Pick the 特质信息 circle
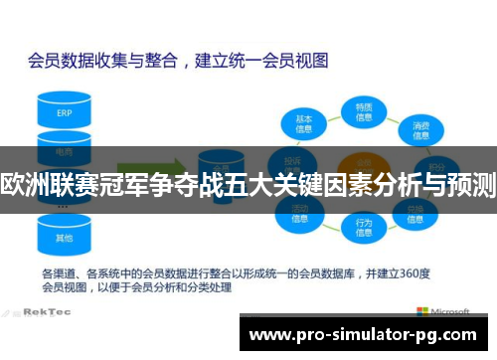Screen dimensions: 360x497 [x=364, y=111]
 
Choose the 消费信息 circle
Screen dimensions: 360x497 [x=421, y=126]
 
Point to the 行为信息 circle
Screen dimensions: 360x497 [x=364, y=228]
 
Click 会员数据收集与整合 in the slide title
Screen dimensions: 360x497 [x=99, y=60]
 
